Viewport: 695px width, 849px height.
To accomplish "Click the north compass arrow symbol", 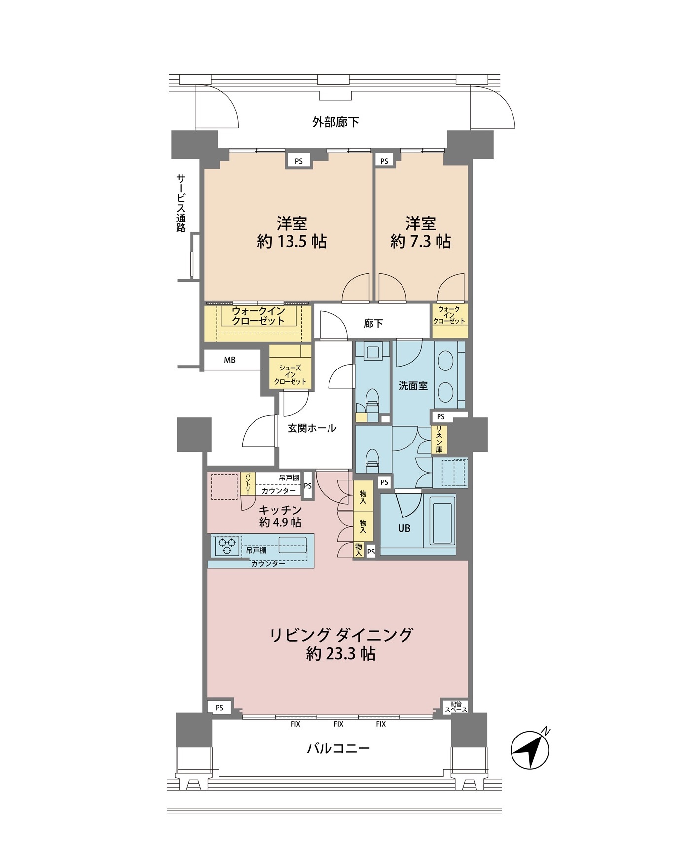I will tap(530, 749).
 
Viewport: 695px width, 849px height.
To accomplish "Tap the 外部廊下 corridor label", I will tap(335, 122).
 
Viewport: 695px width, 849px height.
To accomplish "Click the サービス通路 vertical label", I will tap(181, 202).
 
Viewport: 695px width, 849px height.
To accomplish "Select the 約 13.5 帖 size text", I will tap(292, 241).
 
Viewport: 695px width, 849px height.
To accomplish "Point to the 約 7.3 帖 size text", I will tap(420, 241).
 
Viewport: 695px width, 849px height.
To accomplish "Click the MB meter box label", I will tap(230, 360).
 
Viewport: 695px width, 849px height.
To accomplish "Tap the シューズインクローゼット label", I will tap(290, 374).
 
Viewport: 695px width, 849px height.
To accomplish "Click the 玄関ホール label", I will tap(312, 428).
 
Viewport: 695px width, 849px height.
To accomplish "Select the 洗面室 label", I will tap(413, 386).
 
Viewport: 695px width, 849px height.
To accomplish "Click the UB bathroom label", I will tap(404, 528).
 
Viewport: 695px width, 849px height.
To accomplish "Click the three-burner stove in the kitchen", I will tap(227, 546).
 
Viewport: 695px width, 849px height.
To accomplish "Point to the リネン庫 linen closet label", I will tap(439, 439).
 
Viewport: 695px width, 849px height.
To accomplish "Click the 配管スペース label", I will tap(456, 707).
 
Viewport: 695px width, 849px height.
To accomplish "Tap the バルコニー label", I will tap(338, 748).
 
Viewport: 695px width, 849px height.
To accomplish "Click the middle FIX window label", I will tap(338, 724).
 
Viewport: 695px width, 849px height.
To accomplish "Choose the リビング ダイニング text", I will tap(341, 634).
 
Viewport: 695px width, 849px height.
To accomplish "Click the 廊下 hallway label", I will tap(373, 323).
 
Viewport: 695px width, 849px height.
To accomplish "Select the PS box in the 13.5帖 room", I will tap(299, 161).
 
